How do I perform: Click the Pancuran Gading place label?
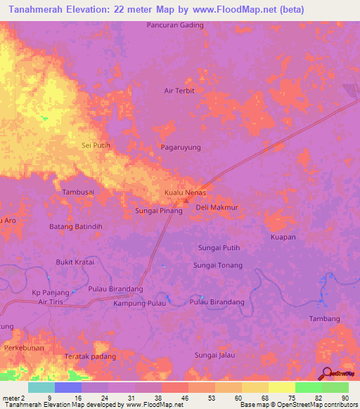coord(175,25)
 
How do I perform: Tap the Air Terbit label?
coord(179,91)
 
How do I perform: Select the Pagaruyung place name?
coord(181,148)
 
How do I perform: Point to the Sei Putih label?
coord(96,145)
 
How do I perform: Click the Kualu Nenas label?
coord(184,192)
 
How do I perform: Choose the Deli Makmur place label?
coord(217,208)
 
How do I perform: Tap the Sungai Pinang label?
coord(158,211)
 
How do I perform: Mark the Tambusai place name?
coord(78,192)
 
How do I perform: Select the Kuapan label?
coord(283,238)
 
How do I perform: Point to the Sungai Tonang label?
coord(218,266)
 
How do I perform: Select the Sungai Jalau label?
coord(214,356)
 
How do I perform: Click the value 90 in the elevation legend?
coord(345,397)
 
